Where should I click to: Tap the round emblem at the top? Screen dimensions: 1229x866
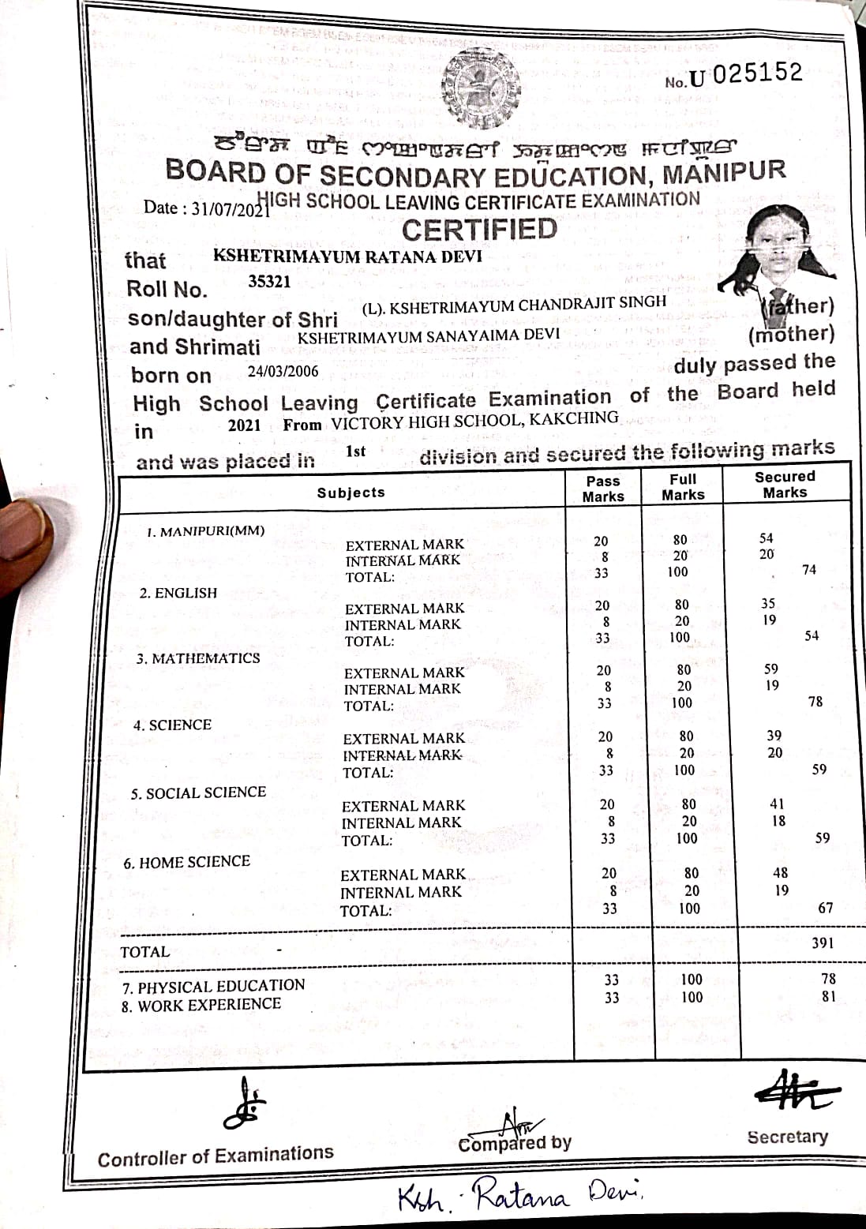pyautogui.click(x=481, y=90)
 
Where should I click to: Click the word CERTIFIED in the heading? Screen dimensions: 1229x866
pyautogui.click(x=479, y=230)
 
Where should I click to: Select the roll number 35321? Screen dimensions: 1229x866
pyautogui.click(x=269, y=281)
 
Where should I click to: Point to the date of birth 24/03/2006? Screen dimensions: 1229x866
pyautogui.click(x=283, y=371)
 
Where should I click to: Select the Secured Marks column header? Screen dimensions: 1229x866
pyautogui.click(x=784, y=484)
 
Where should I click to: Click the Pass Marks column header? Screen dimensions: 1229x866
pyautogui.click(x=603, y=489)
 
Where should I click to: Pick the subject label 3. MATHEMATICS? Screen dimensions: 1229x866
pyautogui.click(x=197, y=658)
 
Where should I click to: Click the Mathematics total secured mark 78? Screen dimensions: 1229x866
pyautogui.click(x=815, y=701)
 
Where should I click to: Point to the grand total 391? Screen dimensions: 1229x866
pyautogui.click(x=823, y=942)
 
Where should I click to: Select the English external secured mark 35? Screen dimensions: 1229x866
pyautogui.click(x=767, y=604)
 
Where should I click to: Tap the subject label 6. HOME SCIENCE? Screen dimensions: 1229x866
pyautogui.click(x=186, y=862)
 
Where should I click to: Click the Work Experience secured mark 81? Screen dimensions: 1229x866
pyautogui.click(x=828, y=996)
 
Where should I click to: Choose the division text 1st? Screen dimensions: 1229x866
pyautogui.click(x=355, y=452)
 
